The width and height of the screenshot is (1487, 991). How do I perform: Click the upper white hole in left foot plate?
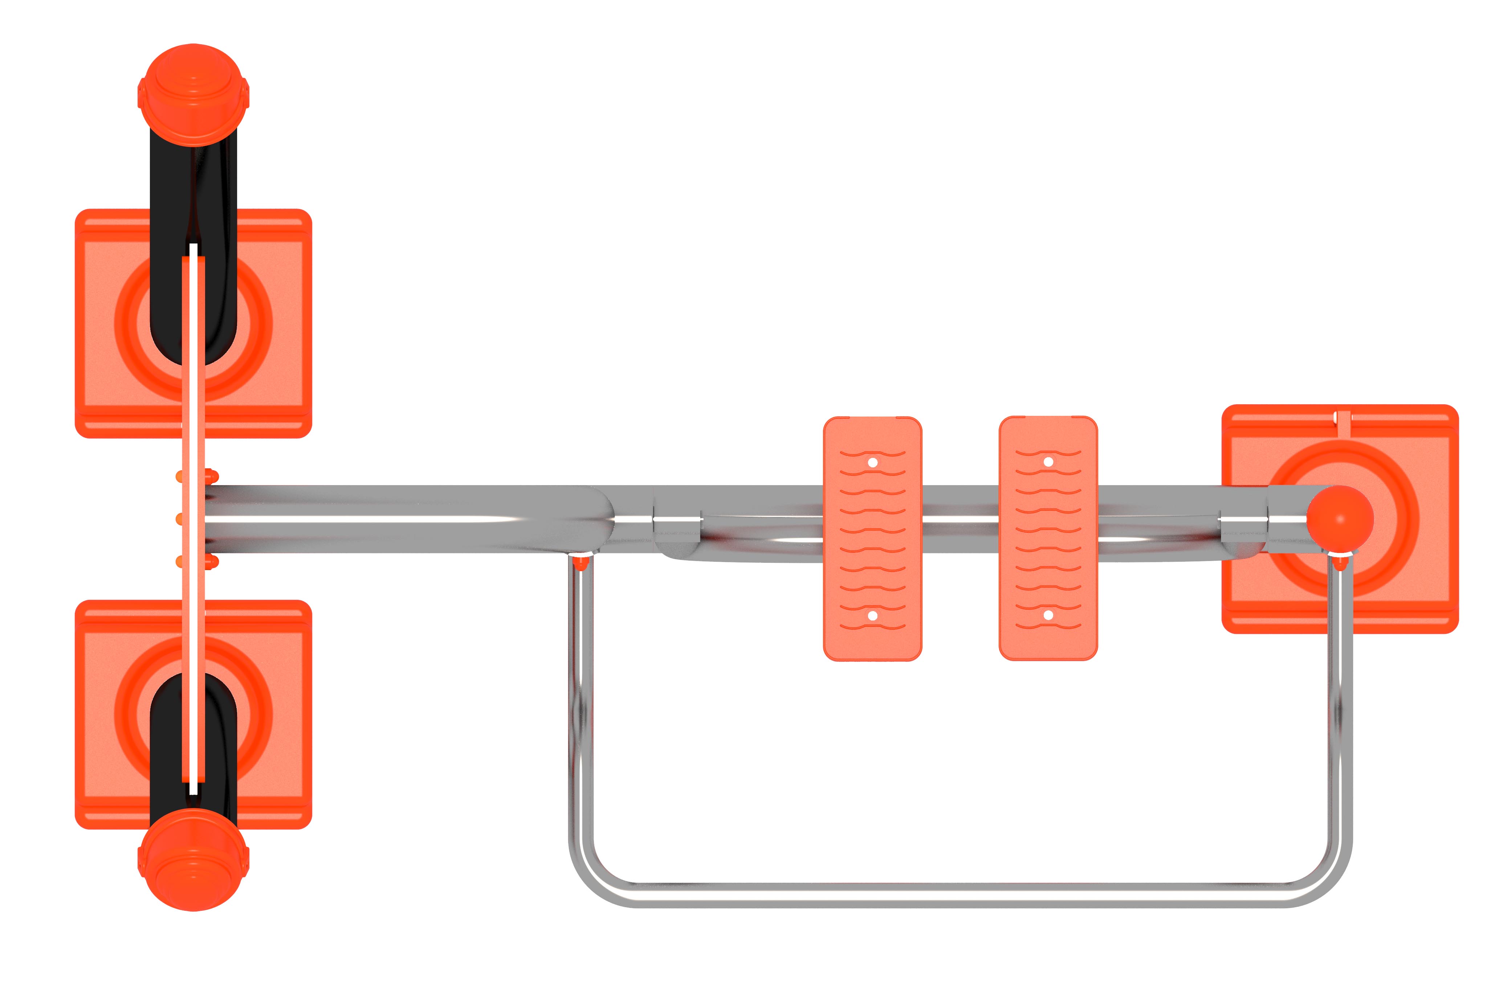coord(872,463)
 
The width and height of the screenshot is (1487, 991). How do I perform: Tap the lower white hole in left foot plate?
coord(872,615)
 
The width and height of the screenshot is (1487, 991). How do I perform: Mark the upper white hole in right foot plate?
coord(1048,462)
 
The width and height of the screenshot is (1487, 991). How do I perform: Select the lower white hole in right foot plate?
coord(1048,615)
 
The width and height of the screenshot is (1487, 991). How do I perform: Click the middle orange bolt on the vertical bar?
coord(180,519)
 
